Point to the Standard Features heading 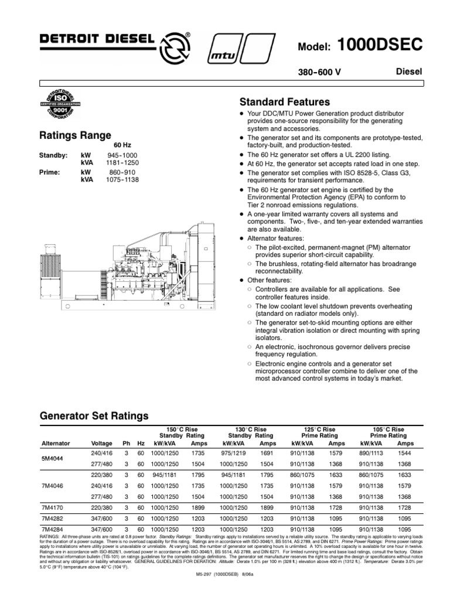(x=285, y=101)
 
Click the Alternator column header (x=56, y=444)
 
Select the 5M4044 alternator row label (x=52, y=458)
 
